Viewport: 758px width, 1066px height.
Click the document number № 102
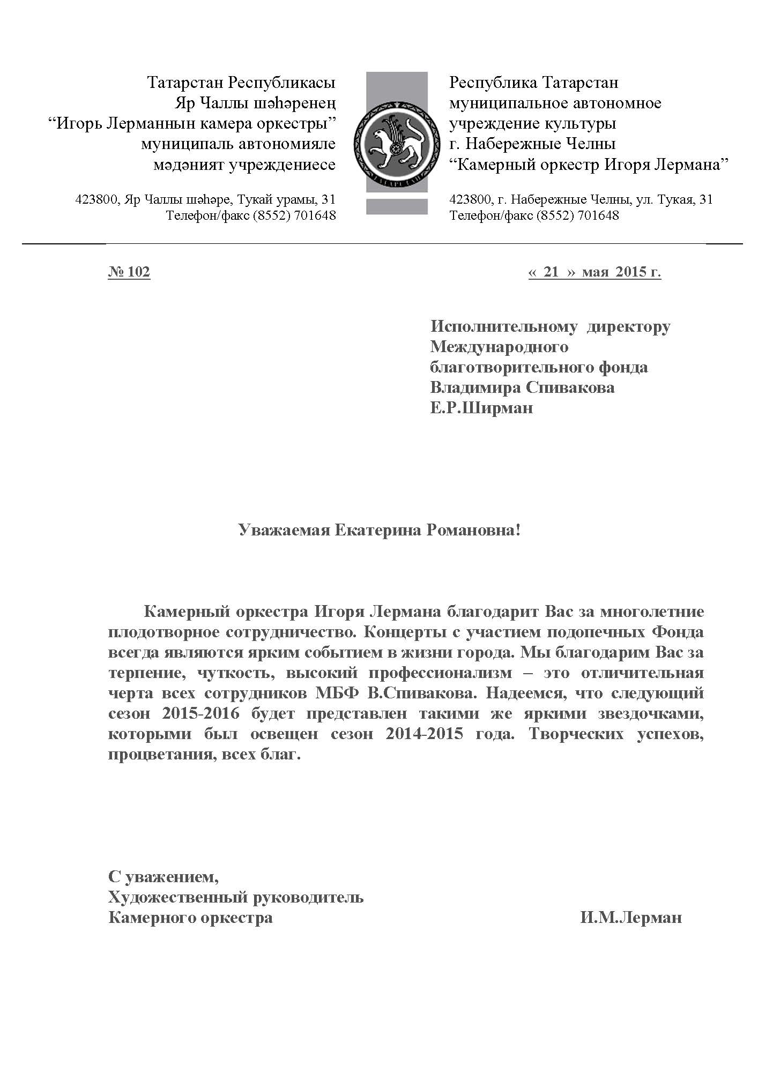(129, 272)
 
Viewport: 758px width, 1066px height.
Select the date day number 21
(551, 272)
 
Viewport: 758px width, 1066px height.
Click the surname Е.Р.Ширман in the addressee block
(481, 408)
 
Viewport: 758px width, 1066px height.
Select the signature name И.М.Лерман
(630, 918)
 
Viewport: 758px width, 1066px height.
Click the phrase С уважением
(164, 877)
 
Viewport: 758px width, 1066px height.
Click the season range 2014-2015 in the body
(424, 734)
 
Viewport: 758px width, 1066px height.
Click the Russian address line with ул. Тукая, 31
(581, 200)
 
